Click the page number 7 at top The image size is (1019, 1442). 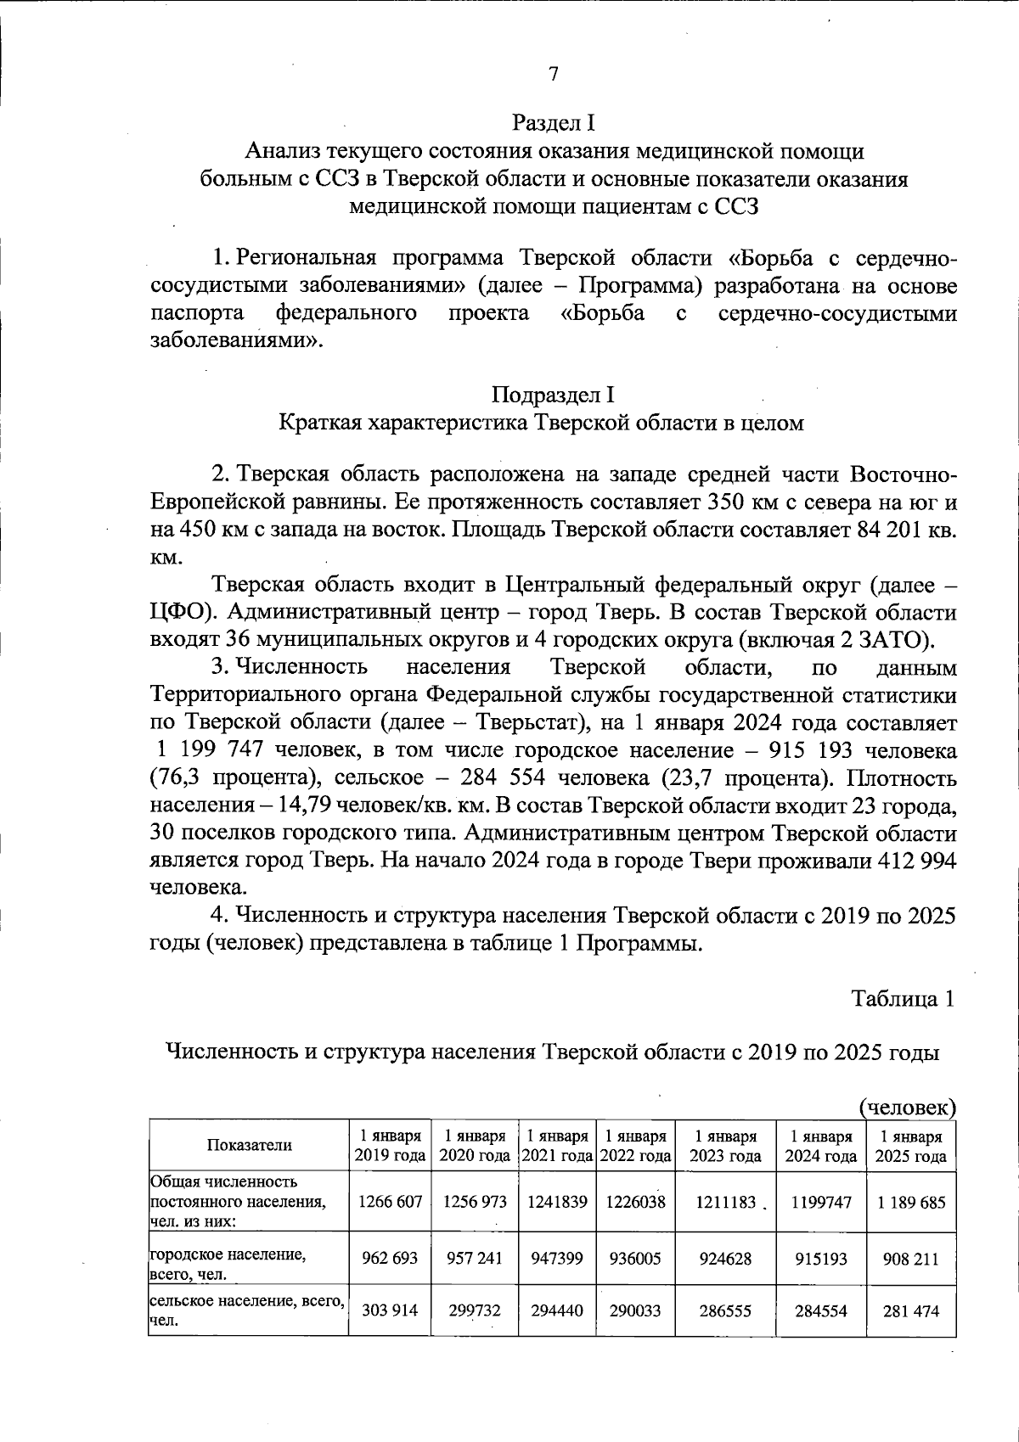553,74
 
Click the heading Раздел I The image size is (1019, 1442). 553,123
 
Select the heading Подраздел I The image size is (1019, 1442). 553,395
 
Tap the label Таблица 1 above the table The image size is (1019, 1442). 904,998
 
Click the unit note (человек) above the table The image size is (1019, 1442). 907,1107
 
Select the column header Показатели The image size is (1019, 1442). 249,1145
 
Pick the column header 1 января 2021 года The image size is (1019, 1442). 556,1145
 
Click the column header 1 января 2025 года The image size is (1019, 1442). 910,1145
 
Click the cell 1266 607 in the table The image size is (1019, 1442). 390,1202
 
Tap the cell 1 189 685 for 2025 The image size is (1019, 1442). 910,1202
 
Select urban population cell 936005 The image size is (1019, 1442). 635,1258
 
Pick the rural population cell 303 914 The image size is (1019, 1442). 390,1310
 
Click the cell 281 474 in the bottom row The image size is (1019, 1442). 910,1310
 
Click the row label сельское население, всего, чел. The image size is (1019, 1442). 246,1310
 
